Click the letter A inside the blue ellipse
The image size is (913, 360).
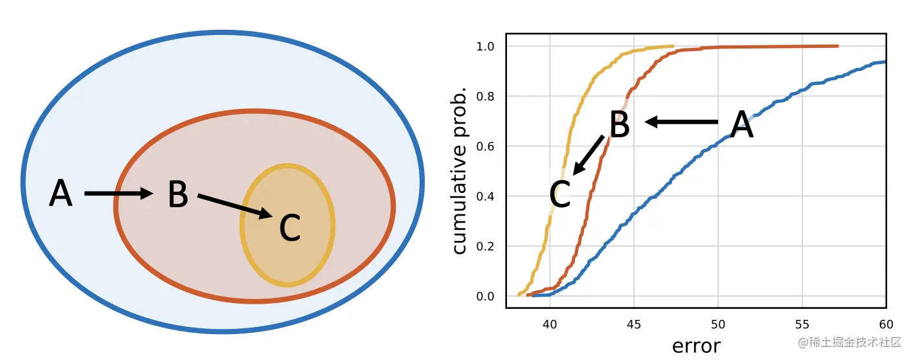point(61,194)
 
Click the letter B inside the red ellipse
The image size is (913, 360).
point(177,194)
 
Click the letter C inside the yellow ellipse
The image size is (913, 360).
point(289,227)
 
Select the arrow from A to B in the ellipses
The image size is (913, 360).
point(118,193)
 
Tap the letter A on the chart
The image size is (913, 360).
point(742,125)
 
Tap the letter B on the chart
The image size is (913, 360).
point(620,124)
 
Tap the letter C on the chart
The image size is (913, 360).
point(560,194)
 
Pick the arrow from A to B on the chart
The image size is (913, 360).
point(682,121)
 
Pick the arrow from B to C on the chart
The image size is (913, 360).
point(589,155)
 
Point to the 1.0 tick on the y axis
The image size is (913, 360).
point(486,47)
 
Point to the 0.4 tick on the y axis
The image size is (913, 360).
point(486,196)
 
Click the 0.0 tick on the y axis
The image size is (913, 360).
point(486,297)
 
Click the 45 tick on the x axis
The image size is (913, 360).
point(634,323)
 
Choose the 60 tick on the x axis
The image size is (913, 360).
point(885,323)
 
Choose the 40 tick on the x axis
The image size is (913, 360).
point(550,323)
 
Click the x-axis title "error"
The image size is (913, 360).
point(696,345)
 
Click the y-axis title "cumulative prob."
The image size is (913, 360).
point(460,171)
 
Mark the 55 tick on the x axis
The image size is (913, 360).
point(802,323)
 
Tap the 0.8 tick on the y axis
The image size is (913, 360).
point(486,96)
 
